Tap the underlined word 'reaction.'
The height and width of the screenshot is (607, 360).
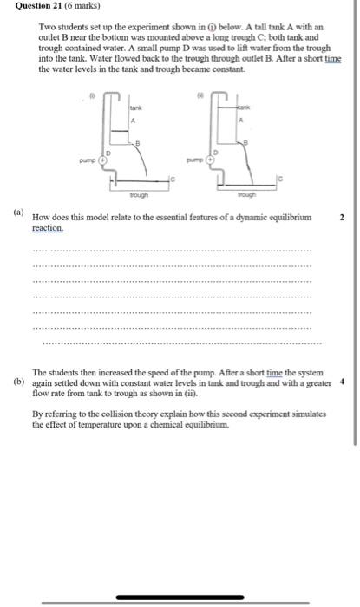[x=48, y=227]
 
